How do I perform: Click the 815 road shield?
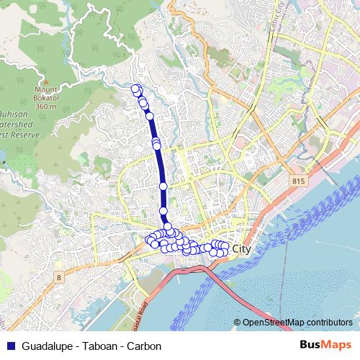[x=299, y=181]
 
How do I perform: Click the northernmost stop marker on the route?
[x=135, y=89]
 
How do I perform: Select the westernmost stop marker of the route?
[x=150, y=240]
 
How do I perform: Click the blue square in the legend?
[x=9, y=345]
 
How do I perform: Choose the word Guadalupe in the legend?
[x=48, y=345]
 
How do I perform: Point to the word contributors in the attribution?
[x=330, y=323]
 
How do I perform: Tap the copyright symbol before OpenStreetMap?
[x=238, y=323]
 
